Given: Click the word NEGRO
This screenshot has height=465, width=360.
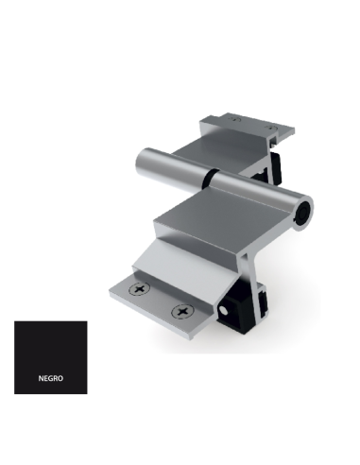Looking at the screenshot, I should coord(50,377).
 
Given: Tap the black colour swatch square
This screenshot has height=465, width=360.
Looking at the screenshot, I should coord(50,357).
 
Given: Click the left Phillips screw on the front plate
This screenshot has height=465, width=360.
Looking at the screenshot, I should coord(143,287).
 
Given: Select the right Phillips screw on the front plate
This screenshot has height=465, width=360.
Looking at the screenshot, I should coord(180,311).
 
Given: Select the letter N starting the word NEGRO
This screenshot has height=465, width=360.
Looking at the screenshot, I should coord(41,377).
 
